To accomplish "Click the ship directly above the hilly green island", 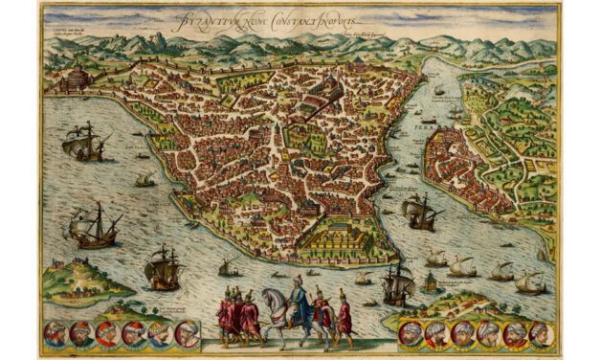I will pyautogui.click(x=96, y=228).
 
